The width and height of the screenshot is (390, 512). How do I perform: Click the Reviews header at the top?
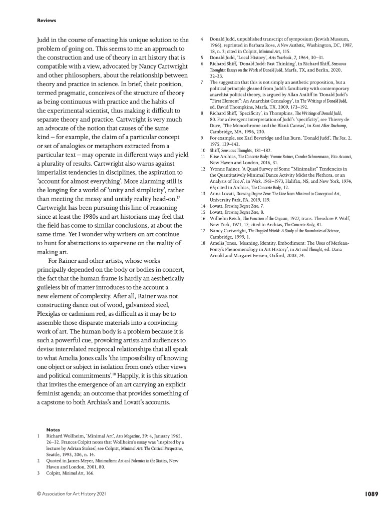coord(47,21)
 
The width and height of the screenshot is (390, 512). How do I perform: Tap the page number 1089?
coord(370,493)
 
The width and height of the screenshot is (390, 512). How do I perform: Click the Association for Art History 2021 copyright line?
coord(71,493)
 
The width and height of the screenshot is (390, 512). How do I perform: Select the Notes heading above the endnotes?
coord(53,429)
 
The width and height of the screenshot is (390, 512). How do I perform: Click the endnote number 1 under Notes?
coord(39,436)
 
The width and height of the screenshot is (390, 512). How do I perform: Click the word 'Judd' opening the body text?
coord(45,40)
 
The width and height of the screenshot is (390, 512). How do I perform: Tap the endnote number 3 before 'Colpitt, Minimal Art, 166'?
coord(39,473)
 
